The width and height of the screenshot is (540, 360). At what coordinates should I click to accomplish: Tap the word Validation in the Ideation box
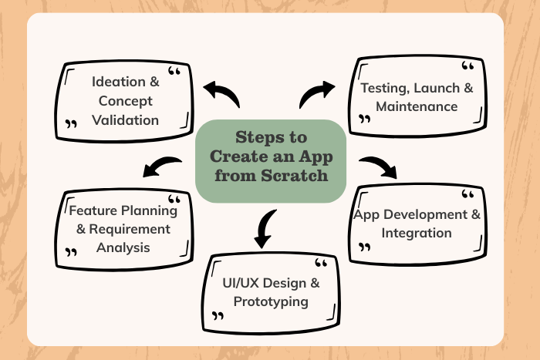pyautogui.click(x=125, y=119)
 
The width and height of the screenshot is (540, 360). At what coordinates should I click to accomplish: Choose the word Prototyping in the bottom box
pyautogui.click(x=271, y=301)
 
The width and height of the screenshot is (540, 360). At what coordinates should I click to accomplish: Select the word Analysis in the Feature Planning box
pyautogui.click(x=123, y=247)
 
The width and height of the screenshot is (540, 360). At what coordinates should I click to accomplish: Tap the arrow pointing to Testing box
pyautogui.click(x=316, y=94)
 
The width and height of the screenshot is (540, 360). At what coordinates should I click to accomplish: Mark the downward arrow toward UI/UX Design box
pyautogui.click(x=265, y=227)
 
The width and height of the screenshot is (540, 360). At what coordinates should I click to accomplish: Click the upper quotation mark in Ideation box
pyautogui.click(x=174, y=74)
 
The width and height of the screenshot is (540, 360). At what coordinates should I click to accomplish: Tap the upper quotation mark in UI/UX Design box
pyautogui.click(x=322, y=265)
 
